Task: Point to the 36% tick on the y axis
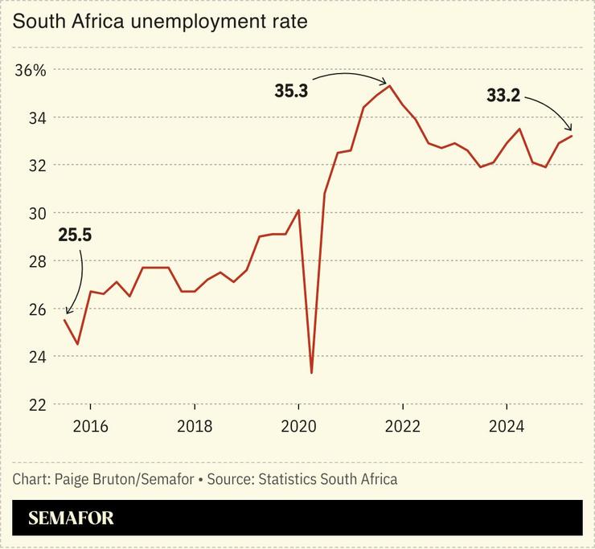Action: point(31,70)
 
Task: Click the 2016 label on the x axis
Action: point(90,426)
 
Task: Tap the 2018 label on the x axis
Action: point(194,426)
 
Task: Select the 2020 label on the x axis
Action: point(298,426)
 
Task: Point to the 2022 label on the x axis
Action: point(402,426)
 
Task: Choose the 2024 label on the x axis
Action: point(506,426)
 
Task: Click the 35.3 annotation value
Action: point(292,92)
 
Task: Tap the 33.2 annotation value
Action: point(503,96)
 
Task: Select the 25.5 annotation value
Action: point(75,236)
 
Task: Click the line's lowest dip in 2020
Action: point(311,373)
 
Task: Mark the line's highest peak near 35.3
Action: point(390,85)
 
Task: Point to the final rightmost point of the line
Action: point(572,136)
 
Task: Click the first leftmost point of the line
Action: point(64,320)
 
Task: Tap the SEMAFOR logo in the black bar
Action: point(71,518)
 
